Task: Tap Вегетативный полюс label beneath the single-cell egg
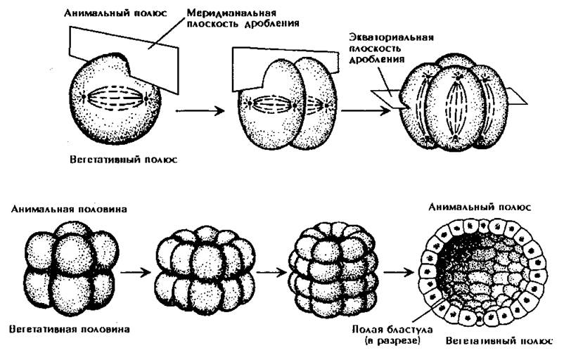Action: pos(123,159)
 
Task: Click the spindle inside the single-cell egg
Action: pos(117,96)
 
